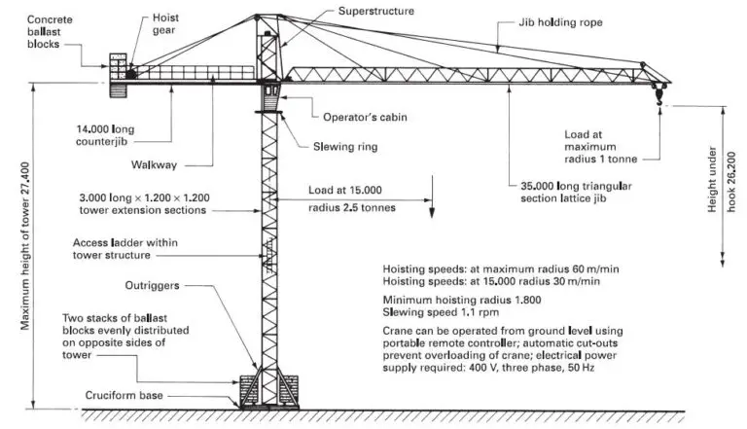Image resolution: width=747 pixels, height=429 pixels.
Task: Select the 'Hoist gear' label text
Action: tap(166, 23)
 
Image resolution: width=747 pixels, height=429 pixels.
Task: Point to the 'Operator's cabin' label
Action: tap(364, 117)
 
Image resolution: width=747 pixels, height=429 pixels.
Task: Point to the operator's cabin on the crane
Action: tap(270, 96)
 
